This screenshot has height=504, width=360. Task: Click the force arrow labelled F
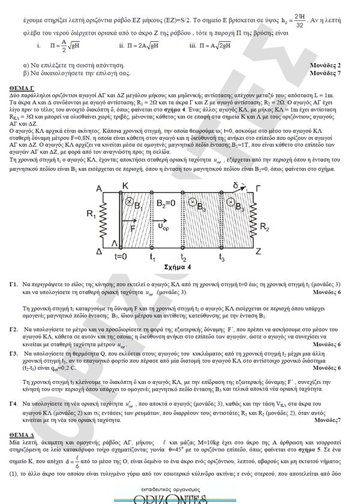point(132,226)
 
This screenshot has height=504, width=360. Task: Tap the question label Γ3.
point(13,353)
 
